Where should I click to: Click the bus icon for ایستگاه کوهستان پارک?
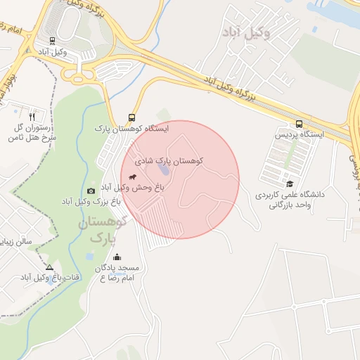coord(131,117)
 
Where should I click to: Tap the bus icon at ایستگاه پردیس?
coord(300,122)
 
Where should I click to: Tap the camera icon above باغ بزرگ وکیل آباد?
coord(91,191)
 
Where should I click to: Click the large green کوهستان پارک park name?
coord(101,230)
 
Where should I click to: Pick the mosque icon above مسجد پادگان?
coord(117,257)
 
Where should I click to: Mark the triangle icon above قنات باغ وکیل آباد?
coord(49,267)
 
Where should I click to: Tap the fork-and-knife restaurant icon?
coord(32,116)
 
